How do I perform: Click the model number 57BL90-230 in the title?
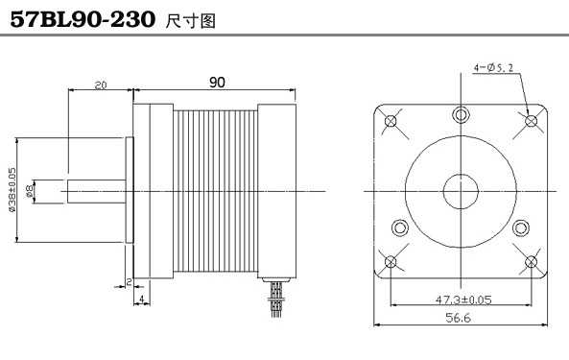[x=83, y=19]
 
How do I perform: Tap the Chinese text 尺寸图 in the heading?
[x=191, y=21]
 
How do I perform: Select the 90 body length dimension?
[x=217, y=83]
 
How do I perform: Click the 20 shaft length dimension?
[x=101, y=85]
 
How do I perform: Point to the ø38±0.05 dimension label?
[x=12, y=189]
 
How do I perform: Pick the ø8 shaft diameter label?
[x=30, y=190]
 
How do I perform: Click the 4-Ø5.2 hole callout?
[x=493, y=67]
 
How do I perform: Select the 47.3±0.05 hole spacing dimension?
[x=463, y=300]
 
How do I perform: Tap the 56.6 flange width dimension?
[x=458, y=318]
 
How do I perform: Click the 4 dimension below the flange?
[x=142, y=299]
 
